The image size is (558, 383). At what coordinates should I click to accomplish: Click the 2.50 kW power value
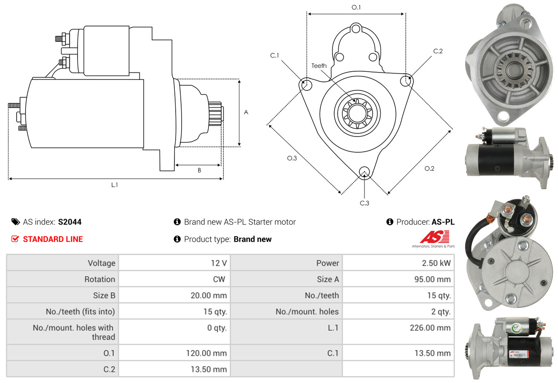coord(436,263)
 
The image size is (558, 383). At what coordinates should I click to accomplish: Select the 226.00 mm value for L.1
coord(430,328)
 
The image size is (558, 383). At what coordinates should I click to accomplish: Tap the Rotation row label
coord(100,279)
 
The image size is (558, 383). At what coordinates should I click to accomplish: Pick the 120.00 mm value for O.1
coord(206,353)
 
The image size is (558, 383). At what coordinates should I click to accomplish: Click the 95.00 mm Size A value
coord(432,279)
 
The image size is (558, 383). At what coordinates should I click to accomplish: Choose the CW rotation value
coord(219,279)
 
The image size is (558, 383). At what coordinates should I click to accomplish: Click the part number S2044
coord(70,222)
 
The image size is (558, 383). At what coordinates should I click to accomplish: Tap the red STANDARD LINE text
coord(53,239)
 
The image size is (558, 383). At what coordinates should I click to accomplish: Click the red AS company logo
coord(434,237)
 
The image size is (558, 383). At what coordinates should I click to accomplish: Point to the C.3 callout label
coord(364,203)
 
